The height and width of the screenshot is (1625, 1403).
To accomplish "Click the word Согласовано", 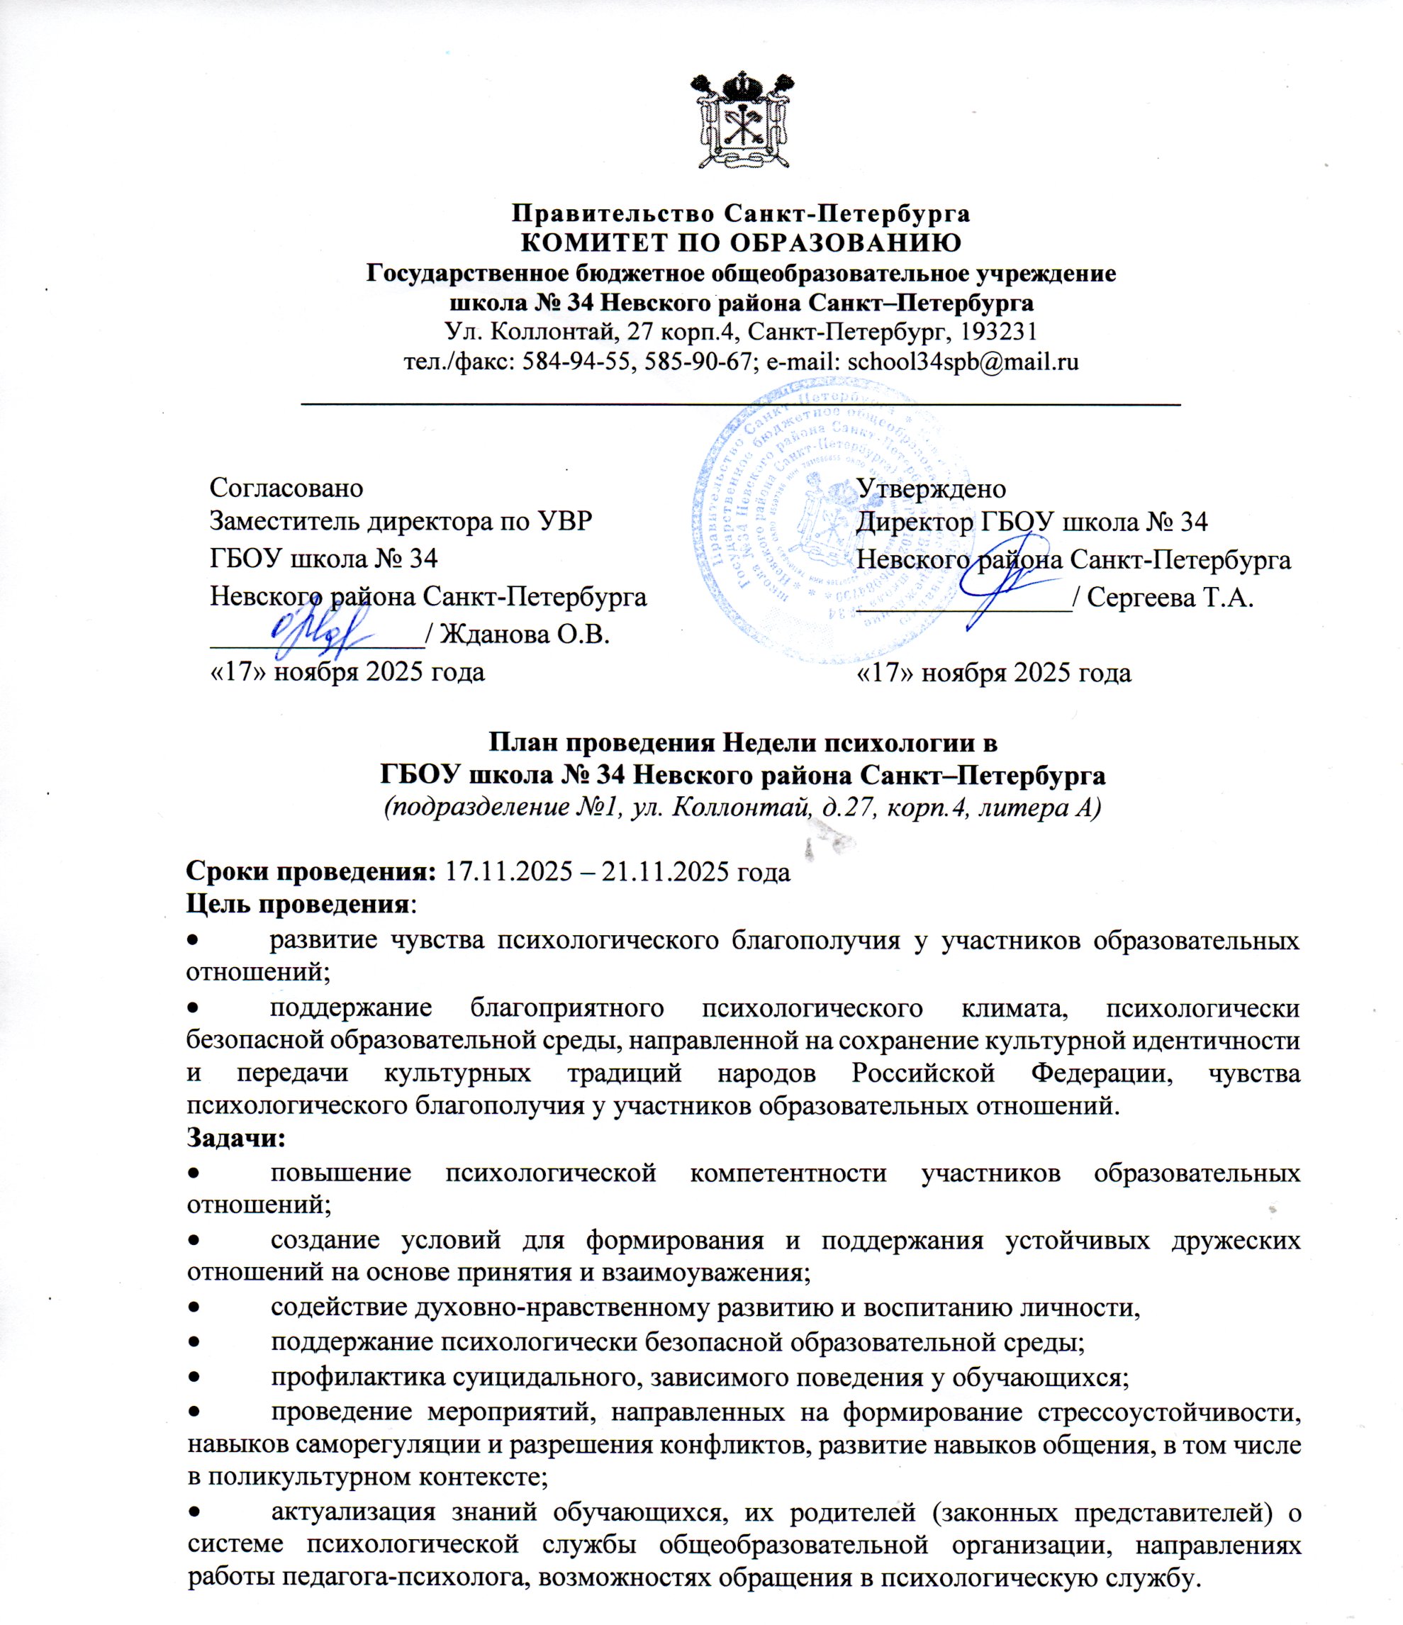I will (286, 488).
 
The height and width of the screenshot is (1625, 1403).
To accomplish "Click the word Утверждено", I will (931, 488).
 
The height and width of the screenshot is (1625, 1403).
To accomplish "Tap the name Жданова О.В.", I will (525, 633).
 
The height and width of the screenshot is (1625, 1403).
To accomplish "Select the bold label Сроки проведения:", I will (311, 872).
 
